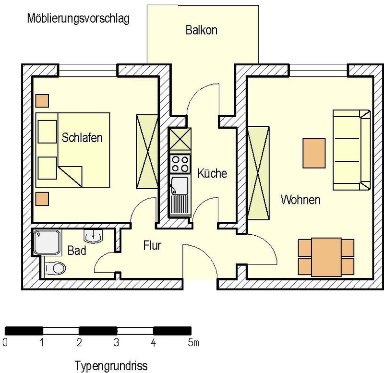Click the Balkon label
click(x=201, y=30)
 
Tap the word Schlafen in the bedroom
click(x=82, y=137)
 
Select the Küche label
click(x=212, y=173)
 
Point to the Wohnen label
click(x=300, y=200)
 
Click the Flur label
click(x=152, y=245)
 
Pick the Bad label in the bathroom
click(x=77, y=251)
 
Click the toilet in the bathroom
click(x=55, y=268)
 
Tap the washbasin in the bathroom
click(x=93, y=237)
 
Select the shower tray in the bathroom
click(x=47, y=242)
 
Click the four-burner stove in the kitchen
click(x=180, y=164)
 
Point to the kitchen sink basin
click(x=180, y=185)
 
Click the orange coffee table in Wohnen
click(x=314, y=153)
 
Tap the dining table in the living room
click(x=326, y=257)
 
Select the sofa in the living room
click(x=352, y=150)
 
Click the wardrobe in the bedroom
click(x=147, y=152)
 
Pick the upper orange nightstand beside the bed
click(x=42, y=101)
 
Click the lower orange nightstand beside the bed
click(x=42, y=199)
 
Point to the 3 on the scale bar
click(x=116, y=342)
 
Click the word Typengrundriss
click(x=111, y=366)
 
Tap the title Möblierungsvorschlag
click(x=78, y=19)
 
